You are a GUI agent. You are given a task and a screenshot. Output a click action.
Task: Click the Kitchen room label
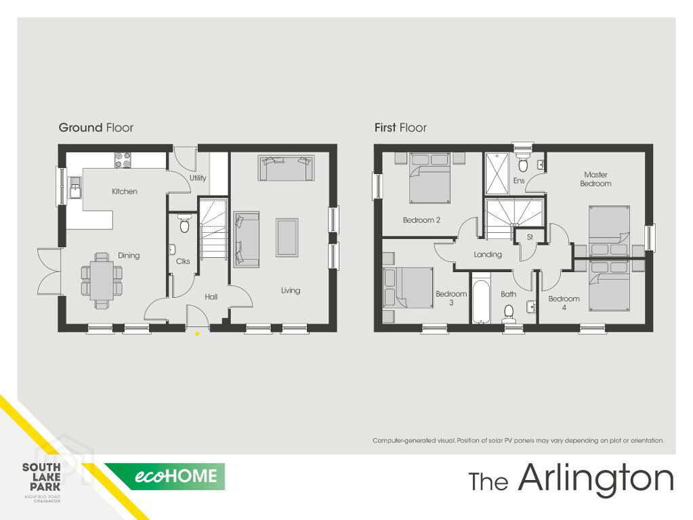(x=124, y=192)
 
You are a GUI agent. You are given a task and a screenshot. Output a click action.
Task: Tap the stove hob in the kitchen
(x=123, y=160)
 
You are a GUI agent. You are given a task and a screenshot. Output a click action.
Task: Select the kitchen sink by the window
(x=75, y=188)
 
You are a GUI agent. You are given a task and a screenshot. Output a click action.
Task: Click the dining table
(x=101, y=280)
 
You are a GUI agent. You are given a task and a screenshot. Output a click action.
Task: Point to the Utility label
(x=198, y=177)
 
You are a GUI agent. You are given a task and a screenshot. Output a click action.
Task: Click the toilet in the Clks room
(x=184, y=223)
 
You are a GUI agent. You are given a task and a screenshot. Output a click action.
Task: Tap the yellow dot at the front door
(x=197, y=334)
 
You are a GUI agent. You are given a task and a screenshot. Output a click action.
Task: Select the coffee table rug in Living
(x=287, y=237)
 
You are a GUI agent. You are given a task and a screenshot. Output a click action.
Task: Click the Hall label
(x=211, y=297)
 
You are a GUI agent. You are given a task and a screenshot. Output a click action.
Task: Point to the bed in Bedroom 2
(x=429, y=177)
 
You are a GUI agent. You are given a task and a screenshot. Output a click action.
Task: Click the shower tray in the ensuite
(x=497, y=173)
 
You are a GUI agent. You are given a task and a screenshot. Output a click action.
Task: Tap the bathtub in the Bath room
(x=481, y=298)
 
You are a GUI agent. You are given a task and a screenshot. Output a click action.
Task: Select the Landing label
(x=488, y=255)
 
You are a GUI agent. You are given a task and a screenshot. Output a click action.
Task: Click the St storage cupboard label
(x=530, y=237)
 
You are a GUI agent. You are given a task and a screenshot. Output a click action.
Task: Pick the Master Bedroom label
(x=595, y=179)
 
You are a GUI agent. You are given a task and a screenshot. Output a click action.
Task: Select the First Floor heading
(x=400, y=128)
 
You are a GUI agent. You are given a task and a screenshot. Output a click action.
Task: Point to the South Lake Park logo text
(x=41, y=477)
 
